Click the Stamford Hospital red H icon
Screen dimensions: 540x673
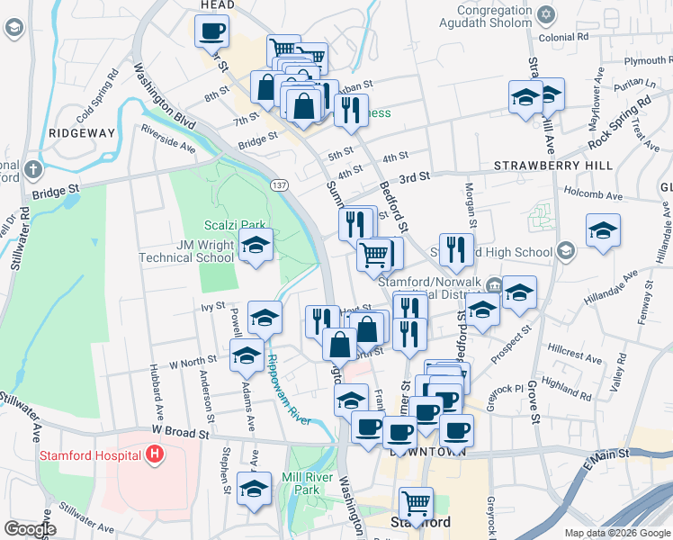pos(155,455)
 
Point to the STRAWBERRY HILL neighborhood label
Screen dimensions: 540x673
pos(553,166)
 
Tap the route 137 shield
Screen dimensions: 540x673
pos(278,184)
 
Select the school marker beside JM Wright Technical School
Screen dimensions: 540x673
pos(256,246)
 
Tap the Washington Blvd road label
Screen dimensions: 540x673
pos(165,93)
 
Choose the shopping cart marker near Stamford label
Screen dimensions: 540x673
pos(416,503)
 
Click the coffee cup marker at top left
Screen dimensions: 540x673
pos(211,31)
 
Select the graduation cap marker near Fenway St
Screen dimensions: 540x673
pos(603,230)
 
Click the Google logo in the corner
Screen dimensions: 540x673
pos(30,529)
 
